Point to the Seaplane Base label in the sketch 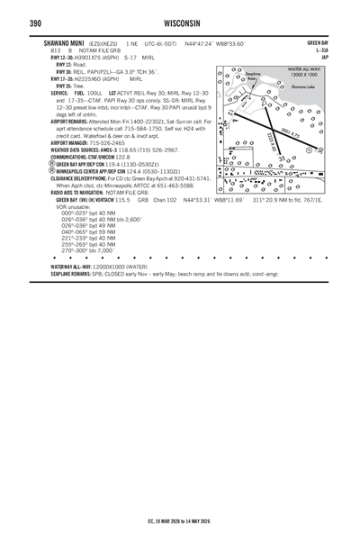coord(255,77)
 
